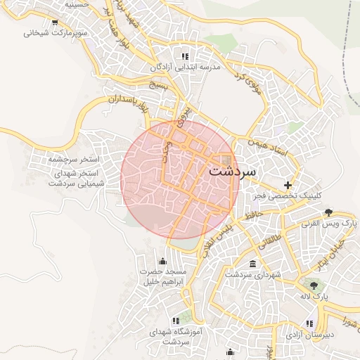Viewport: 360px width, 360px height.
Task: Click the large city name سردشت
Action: pyautogui.click(x=233, y=171)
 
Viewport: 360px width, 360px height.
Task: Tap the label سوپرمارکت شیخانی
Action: pyautogui.click(x=56, y=32)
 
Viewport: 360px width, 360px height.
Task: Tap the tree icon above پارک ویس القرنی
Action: pyautogui.click(x=328, y=212)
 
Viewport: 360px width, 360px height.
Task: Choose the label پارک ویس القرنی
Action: pyautogui.click(x=329, y=223)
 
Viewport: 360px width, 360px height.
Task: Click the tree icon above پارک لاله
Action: pyautogui.click(x=314, y=285)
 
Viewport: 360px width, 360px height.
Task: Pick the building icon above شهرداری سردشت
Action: pyautogui.click(x=252, y=264)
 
